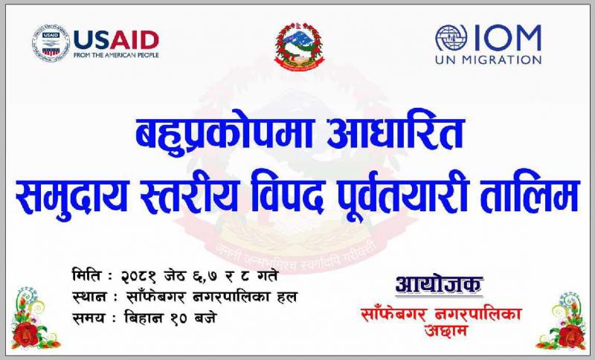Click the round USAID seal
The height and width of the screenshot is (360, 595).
click(51, 43)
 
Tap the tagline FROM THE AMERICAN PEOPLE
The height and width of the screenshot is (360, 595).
click(116, 55)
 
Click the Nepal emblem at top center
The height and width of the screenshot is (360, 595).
click(300, 46)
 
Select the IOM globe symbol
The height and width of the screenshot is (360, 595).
click(451, 38)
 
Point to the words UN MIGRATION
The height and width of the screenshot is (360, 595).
click(489, 60)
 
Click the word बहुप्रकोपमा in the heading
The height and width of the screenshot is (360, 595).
click(225, 134)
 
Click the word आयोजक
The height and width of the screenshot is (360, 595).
click(439, 284)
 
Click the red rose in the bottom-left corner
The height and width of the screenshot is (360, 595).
click(25, 335)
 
